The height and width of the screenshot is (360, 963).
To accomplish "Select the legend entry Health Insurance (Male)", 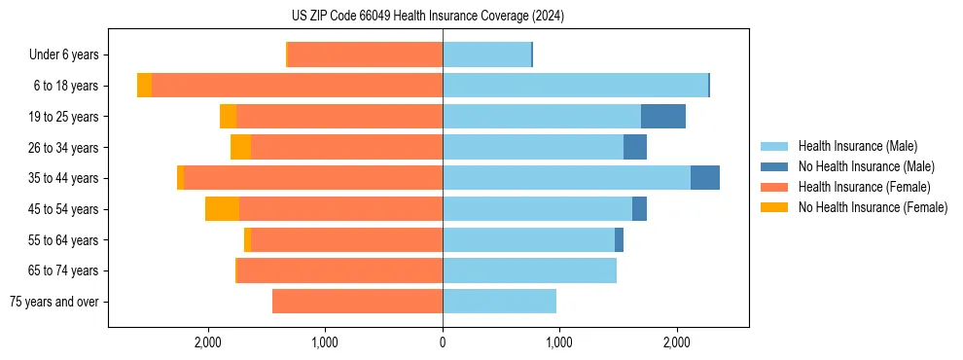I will click(857, 146).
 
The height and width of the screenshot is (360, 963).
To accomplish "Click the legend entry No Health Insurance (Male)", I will click(866, 166).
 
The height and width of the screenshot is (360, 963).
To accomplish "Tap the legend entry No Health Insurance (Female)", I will click(873, 207).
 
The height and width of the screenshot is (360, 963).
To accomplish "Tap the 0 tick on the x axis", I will click(443, 342).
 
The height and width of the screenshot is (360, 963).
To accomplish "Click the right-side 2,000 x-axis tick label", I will click(677, 342).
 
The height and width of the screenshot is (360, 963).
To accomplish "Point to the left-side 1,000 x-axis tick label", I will click(324, 342).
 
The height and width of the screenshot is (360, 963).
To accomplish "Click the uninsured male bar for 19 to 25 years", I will click(663, 117).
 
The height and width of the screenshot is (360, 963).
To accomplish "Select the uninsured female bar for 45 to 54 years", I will click(222, 209).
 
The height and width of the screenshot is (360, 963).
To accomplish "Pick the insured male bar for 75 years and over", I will click(499, 302).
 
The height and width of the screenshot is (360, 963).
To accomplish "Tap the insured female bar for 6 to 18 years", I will click(297, 86).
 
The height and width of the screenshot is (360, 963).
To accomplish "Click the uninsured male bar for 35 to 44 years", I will click(705, 178).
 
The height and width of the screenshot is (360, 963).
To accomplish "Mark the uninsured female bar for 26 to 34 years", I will click(240, 147).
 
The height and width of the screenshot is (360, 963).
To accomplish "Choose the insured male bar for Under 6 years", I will click(486, 54).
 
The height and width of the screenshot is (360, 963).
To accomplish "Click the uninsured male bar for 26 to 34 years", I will click(635, 147).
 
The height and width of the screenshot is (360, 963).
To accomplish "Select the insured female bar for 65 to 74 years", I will click(339, 270).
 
